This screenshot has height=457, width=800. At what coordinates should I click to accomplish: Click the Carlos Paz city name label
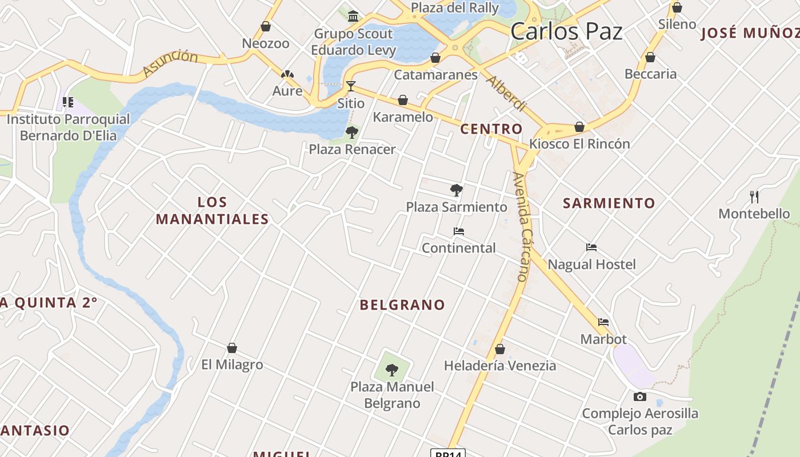(566, 31)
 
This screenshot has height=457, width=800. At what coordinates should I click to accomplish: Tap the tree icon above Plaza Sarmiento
(456, 190)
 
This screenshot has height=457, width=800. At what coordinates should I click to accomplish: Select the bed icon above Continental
(458, 231)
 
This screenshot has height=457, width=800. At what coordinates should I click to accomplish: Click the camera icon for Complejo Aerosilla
(640, 396)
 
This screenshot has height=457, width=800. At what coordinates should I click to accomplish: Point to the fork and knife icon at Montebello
(754, 197)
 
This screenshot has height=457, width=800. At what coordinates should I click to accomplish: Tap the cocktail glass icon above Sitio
(351, 86)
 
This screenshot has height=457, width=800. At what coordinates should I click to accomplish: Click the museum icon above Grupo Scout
(353, 15)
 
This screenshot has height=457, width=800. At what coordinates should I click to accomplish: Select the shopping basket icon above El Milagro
(232, 348)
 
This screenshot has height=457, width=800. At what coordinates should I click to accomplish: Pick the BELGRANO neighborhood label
(402, 305)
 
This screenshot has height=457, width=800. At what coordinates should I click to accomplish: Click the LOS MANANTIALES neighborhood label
(212, 210)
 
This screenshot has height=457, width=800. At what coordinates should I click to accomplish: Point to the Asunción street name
(170, 62)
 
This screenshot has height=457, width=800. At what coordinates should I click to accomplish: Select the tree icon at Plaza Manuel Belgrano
(391, 370)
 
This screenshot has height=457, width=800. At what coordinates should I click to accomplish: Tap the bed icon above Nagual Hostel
(591, 247)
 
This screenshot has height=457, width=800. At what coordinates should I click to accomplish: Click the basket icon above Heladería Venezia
(500, 349)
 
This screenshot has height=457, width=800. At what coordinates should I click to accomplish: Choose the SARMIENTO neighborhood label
(609, 203)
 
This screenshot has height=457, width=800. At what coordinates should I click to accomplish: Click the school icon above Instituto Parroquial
(68, 103)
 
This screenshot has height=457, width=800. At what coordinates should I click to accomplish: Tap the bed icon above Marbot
(603, 322)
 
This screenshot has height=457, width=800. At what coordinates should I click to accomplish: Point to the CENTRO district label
(491, 129)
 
